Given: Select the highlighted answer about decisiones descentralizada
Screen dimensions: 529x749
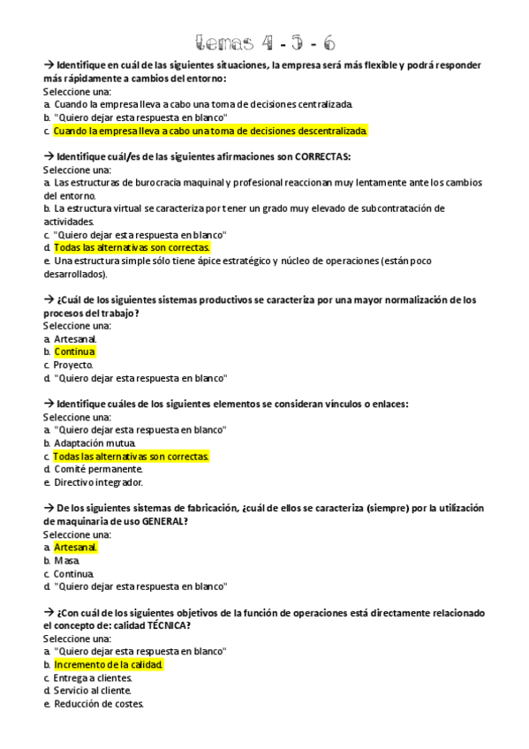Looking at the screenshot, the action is pos(210,131).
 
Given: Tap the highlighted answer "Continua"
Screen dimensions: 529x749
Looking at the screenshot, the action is pos(74,352).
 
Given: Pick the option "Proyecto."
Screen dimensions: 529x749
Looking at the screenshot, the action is pos(73,365).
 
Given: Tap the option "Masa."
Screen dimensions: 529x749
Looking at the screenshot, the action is pos(67,560).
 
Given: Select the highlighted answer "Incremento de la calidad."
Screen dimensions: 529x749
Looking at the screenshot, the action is pos(109,664).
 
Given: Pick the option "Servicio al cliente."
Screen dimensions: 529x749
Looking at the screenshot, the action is pos(93,691).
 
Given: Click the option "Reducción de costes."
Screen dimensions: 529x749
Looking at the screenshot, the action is pos(98,704).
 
